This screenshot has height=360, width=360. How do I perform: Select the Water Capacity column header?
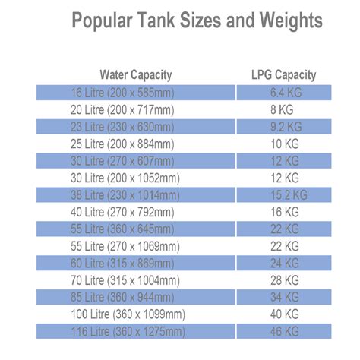coord(136,75)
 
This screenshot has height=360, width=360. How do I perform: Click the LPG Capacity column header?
coord(283,75)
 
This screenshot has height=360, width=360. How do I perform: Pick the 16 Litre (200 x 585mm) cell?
coord(136,93)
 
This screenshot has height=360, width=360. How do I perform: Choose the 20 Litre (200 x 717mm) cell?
coord(136,110)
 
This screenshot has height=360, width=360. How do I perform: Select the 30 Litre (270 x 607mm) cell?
coord(136,161)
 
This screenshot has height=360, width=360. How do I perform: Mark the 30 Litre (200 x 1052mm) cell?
coord(136,178)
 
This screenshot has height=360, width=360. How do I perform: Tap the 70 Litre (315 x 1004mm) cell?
coord(136,280)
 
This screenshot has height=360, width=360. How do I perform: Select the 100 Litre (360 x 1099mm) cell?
coord(136,314)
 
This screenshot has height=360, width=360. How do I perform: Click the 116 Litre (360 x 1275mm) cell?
coord(136,331)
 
